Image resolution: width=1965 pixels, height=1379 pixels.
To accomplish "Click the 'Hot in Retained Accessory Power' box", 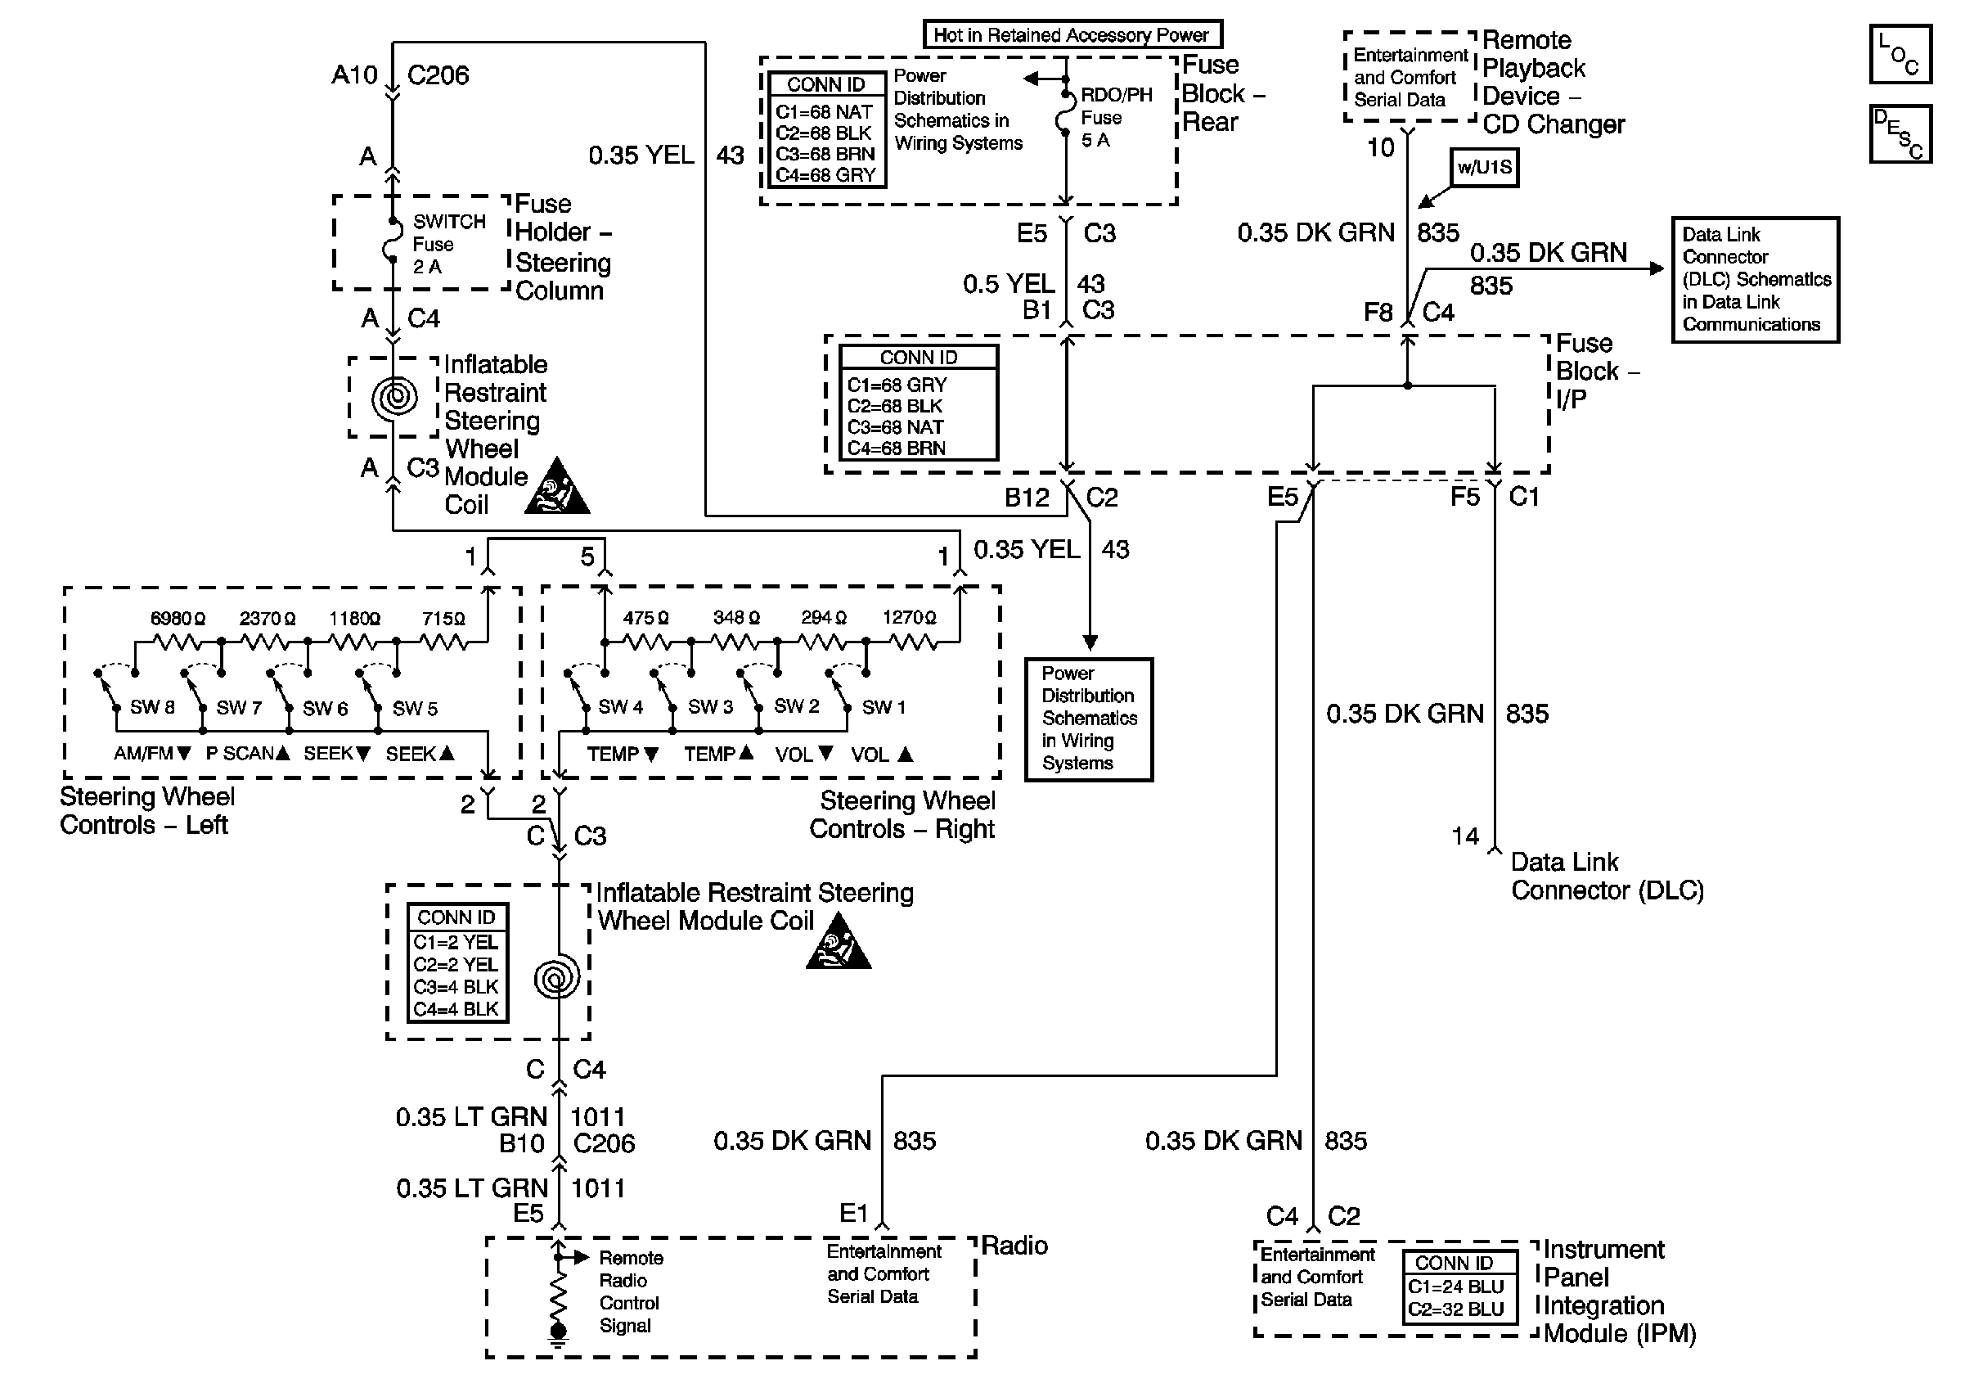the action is pyautogui.click(x=1072, y=35).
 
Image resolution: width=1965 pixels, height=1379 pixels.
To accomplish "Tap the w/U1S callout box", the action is pyautogui.click(x=1484, y=167).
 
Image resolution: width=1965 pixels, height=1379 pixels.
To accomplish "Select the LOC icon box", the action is pyautogui.click(x=1900, y=54).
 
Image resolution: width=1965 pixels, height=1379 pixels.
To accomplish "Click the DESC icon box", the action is pyautogui.click(x=1900, y=133).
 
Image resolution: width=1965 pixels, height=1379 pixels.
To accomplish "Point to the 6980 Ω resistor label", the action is pyautogui.click(x=178, y=618).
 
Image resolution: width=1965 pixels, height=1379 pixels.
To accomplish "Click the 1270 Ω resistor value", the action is pyautogui.click(x=909, y=617).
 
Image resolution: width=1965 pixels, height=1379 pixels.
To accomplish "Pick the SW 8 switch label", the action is pyautogui.click(x=152, y=707).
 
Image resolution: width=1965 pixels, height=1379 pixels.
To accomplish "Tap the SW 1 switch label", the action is pyautogui.click(x=884, y=707).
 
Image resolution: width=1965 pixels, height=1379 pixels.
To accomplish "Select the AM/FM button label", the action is pyautogui.click(x=152, y=754).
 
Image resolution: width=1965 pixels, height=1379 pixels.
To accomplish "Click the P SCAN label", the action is pyautogui.click(x=248, y=754).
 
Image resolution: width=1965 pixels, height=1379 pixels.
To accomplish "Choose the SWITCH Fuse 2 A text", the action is pyautogui.click(x=448, y=244).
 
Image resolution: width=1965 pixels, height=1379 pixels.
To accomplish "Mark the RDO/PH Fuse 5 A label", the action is pyautogui.click(x=1116, y=117).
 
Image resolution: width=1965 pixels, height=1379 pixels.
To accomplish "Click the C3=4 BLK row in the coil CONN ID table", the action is pyautogui.click(x=456, y=987).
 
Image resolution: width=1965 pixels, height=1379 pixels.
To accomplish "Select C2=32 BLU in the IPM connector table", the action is pyautogui.click(x=1456, y=1309).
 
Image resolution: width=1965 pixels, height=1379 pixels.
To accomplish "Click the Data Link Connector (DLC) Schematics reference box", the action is pyautogui.click(x=1756, y=280).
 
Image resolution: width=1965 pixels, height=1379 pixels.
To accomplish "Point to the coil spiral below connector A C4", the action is pyautogui.click(x=394, y=396).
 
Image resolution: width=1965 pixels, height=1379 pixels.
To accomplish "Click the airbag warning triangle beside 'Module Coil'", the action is pyautogui.click(x=556, y=485).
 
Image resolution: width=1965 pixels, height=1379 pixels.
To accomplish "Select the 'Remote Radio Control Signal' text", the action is pyautogui.click(x=631, y=1291).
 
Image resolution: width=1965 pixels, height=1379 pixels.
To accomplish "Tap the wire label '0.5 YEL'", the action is pyautogui.click(x=1008, y=284).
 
